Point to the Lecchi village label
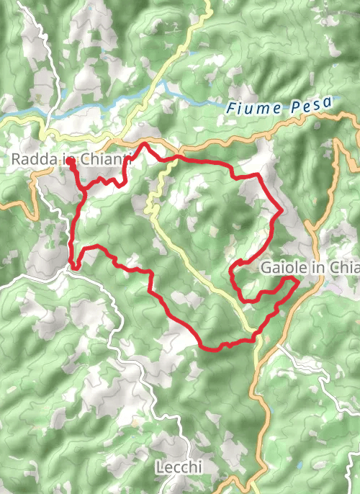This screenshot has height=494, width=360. click(x=179, y=468)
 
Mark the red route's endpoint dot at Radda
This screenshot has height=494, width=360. click(x=71, y=163)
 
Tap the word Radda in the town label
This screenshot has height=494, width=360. click(x=31, y=160)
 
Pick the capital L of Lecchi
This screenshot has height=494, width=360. click(x=160, y=468)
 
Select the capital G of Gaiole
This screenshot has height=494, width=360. click(x=264, y=268)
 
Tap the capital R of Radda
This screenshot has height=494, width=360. click(x=16, y=160)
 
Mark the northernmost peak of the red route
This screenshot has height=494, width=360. click(x=144, y=144)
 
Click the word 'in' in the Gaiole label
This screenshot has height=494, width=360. click(x=317, y=268)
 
